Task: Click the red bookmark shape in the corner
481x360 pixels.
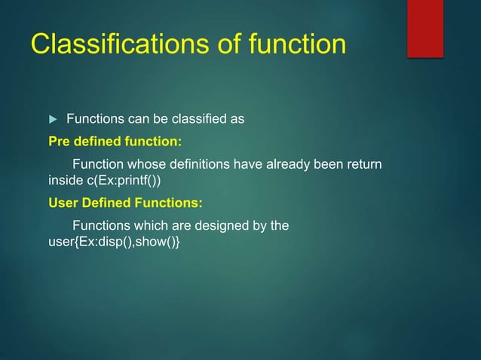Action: pos(424,28)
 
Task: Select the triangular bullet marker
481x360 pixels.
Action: pos(52,119)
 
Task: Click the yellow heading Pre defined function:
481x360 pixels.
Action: pos(115,141)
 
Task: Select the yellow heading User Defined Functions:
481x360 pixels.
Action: pos(125,203)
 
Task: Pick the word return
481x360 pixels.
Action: pos(363,164)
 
